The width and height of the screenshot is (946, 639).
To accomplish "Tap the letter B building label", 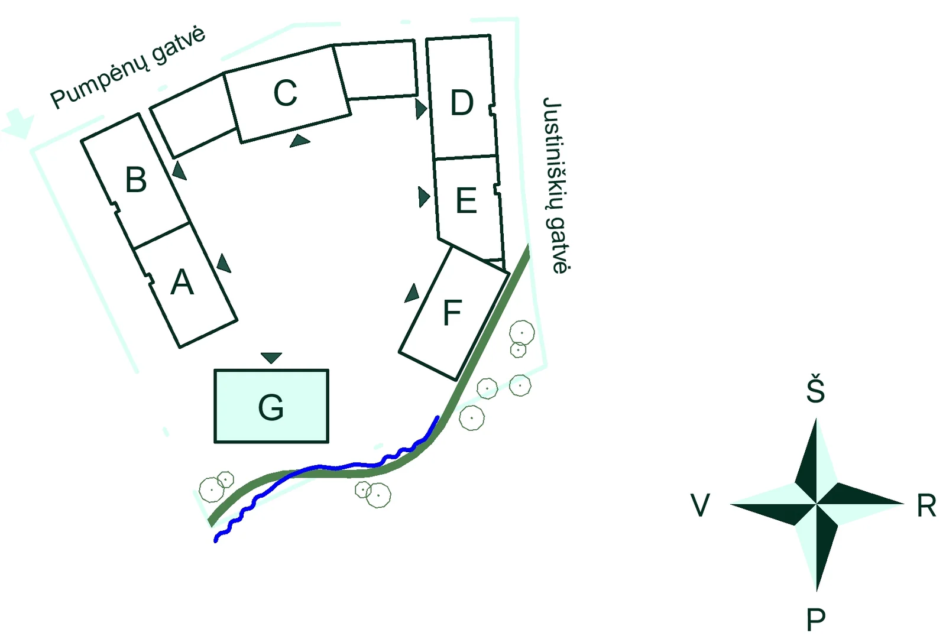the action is click(x=136, y=180).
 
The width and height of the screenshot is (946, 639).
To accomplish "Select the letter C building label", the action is click(x=286, y=92).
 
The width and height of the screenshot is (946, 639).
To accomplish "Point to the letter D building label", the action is click(x=462, y=102).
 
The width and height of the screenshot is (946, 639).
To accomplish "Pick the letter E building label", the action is click(x=466, y=200).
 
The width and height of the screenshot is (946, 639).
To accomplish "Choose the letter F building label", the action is click(x=452, y=313).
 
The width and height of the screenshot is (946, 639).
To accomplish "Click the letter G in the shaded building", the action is click(x=271, y=407).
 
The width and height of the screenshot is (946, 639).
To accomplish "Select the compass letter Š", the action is click(x=815, y=388).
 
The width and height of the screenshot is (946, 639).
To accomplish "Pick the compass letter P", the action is click(x=815, y=619).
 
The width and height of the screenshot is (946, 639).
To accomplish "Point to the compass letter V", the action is click(x=700, y=505).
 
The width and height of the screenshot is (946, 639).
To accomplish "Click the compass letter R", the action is click(x=926, y=505).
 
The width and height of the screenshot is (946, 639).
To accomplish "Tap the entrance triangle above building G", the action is click(x=271, y=357).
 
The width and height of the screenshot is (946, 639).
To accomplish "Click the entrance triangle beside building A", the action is click(x=223, y=264).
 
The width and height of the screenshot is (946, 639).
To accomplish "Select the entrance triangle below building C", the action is click(x=300, y=141).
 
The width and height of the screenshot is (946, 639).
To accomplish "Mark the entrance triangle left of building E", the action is click(x=423, y=197).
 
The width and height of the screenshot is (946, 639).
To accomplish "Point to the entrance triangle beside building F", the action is click(x=412, y=294).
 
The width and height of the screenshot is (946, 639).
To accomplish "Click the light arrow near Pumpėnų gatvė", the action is click(x=18, y=124).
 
